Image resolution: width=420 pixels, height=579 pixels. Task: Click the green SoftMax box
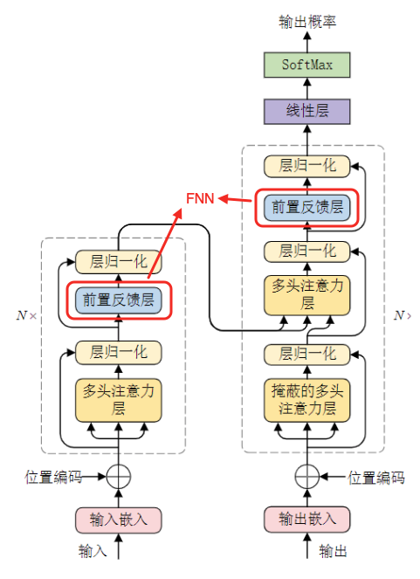306,65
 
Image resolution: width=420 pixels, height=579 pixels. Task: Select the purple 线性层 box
306,110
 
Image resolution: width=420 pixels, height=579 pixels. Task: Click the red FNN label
201,198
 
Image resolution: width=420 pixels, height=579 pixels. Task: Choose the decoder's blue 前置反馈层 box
306,208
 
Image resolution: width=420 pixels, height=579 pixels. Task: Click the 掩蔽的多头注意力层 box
306,398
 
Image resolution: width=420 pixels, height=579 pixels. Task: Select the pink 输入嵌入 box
119,519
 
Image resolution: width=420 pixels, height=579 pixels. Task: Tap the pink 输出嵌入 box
306,519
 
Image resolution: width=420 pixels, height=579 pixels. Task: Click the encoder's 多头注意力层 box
119,398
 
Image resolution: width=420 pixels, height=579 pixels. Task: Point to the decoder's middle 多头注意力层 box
306,295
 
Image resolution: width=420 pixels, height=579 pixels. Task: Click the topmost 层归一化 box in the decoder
306,165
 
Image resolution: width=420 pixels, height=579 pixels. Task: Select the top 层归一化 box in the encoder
119,260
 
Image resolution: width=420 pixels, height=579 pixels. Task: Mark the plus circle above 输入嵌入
119,477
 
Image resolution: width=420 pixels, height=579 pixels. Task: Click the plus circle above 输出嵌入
306,477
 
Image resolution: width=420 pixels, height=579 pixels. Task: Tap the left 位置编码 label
53,478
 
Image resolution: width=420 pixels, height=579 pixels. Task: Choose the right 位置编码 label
376,478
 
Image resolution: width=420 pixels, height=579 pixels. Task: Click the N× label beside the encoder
27,314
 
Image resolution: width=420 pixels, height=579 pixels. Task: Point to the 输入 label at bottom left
93,551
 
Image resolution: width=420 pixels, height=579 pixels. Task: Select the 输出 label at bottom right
333,551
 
